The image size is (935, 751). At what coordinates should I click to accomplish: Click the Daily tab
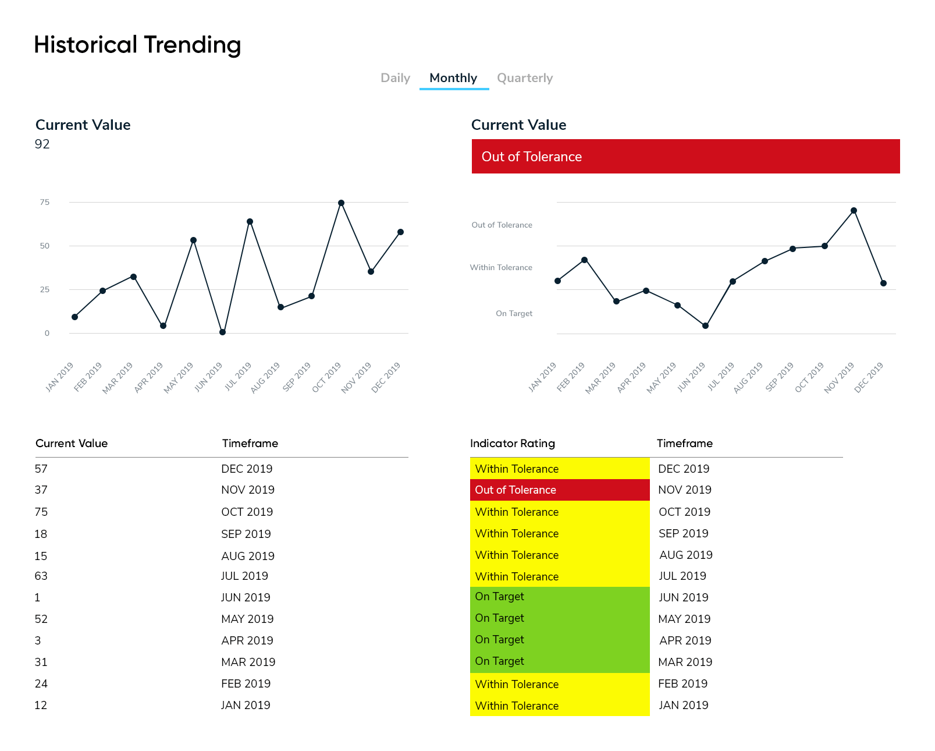[395, 78]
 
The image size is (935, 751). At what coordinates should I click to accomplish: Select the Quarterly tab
[524, 78]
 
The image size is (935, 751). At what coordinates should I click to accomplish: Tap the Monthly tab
[453, 78]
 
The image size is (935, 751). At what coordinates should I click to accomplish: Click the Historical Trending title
[137, 45]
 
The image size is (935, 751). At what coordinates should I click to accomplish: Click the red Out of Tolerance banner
[685, 156]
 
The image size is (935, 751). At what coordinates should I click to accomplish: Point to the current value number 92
[42, 144]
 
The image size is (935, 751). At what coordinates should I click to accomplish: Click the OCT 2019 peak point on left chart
[341, 203]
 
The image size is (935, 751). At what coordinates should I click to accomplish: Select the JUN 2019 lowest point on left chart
[222, 332]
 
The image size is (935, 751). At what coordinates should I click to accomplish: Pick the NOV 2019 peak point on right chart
[854, 211]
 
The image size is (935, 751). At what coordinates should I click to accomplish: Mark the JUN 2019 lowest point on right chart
[705, 326]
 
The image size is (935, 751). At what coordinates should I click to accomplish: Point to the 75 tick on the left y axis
[45, 203]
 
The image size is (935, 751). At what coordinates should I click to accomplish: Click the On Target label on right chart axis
[514, 313]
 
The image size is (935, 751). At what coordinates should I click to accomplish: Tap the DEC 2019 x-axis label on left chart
[386, 377]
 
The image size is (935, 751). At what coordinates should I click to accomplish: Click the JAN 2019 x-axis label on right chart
[542, 377]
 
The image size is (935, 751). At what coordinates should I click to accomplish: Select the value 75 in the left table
[41, 512]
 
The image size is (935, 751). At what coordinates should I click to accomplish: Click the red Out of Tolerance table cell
[559, 490]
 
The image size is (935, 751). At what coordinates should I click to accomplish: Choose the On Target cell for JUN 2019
[559, 597]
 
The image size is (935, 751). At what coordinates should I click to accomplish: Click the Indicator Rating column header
[512, 444]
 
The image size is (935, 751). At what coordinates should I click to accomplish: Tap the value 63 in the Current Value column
[41, 576]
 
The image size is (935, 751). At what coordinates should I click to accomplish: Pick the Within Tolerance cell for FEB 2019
[559, 684]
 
